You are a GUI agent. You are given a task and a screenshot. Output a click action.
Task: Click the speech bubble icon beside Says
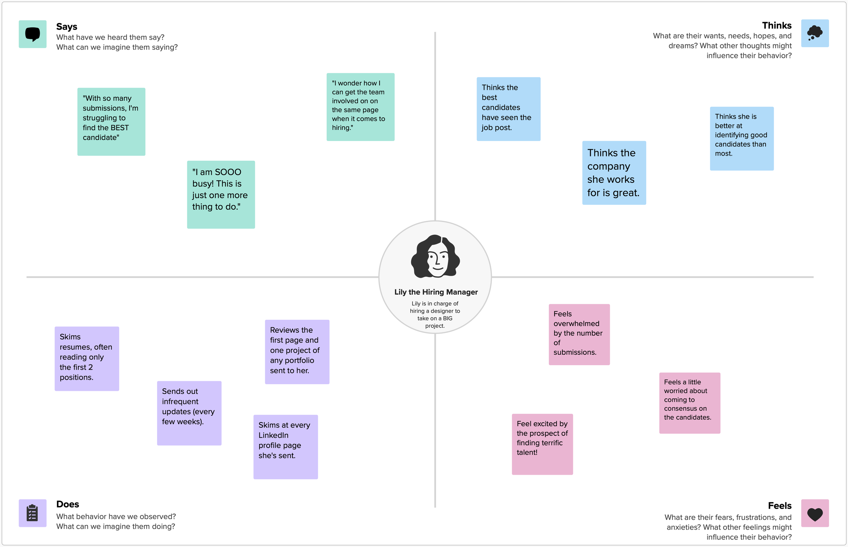point(32,34)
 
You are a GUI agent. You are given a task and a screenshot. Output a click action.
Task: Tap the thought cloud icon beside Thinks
point(814,33)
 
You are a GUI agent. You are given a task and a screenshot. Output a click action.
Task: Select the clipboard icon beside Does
point(32,513)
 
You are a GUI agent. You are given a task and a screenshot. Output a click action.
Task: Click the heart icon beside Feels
point(814,513)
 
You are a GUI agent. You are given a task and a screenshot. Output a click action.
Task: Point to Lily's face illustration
point(436,256)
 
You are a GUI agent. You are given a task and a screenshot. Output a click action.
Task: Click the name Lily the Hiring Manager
point(436,292)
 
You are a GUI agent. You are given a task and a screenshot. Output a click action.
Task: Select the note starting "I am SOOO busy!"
point(220,195)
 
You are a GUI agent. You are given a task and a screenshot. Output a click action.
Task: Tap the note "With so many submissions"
point(111,121)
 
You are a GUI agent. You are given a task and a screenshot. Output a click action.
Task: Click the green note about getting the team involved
point(360,107)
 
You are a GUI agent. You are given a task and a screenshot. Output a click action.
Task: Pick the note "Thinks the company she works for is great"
point(614,173)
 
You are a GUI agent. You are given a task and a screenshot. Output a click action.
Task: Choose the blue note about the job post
point(508,109)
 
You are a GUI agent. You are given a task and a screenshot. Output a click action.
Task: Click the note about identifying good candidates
point(741,138)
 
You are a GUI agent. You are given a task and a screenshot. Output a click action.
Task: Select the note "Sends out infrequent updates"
point(189,413)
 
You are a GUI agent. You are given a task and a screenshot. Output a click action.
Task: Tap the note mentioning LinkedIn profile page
point(285,447)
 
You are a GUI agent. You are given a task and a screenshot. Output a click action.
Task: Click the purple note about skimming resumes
point(87,358)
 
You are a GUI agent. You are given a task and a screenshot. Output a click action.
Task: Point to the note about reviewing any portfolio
point(297,352)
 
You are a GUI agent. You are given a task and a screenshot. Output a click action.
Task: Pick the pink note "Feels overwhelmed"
point(579,334)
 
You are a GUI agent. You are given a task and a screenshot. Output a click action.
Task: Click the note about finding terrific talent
point(542,444)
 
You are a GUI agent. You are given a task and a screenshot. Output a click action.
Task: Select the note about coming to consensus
point(689,403)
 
